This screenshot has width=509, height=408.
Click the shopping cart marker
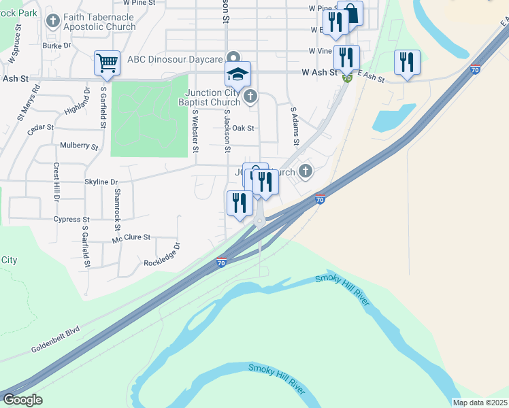pos(108,63)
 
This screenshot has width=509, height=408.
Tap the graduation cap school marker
pos(238,74)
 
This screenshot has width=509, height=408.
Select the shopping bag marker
pos(350,14)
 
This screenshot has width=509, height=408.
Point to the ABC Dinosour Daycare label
pos(181,58)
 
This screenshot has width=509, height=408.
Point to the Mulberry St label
pos(79,146)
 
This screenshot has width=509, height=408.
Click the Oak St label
pos(243,128)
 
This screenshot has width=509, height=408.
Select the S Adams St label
pos(295,126)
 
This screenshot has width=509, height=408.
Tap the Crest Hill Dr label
pos(56,182)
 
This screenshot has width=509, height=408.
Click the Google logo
pos(22,400)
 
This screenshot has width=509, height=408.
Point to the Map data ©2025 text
pos(480,403)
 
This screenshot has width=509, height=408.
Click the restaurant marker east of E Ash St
pos(407,63)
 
